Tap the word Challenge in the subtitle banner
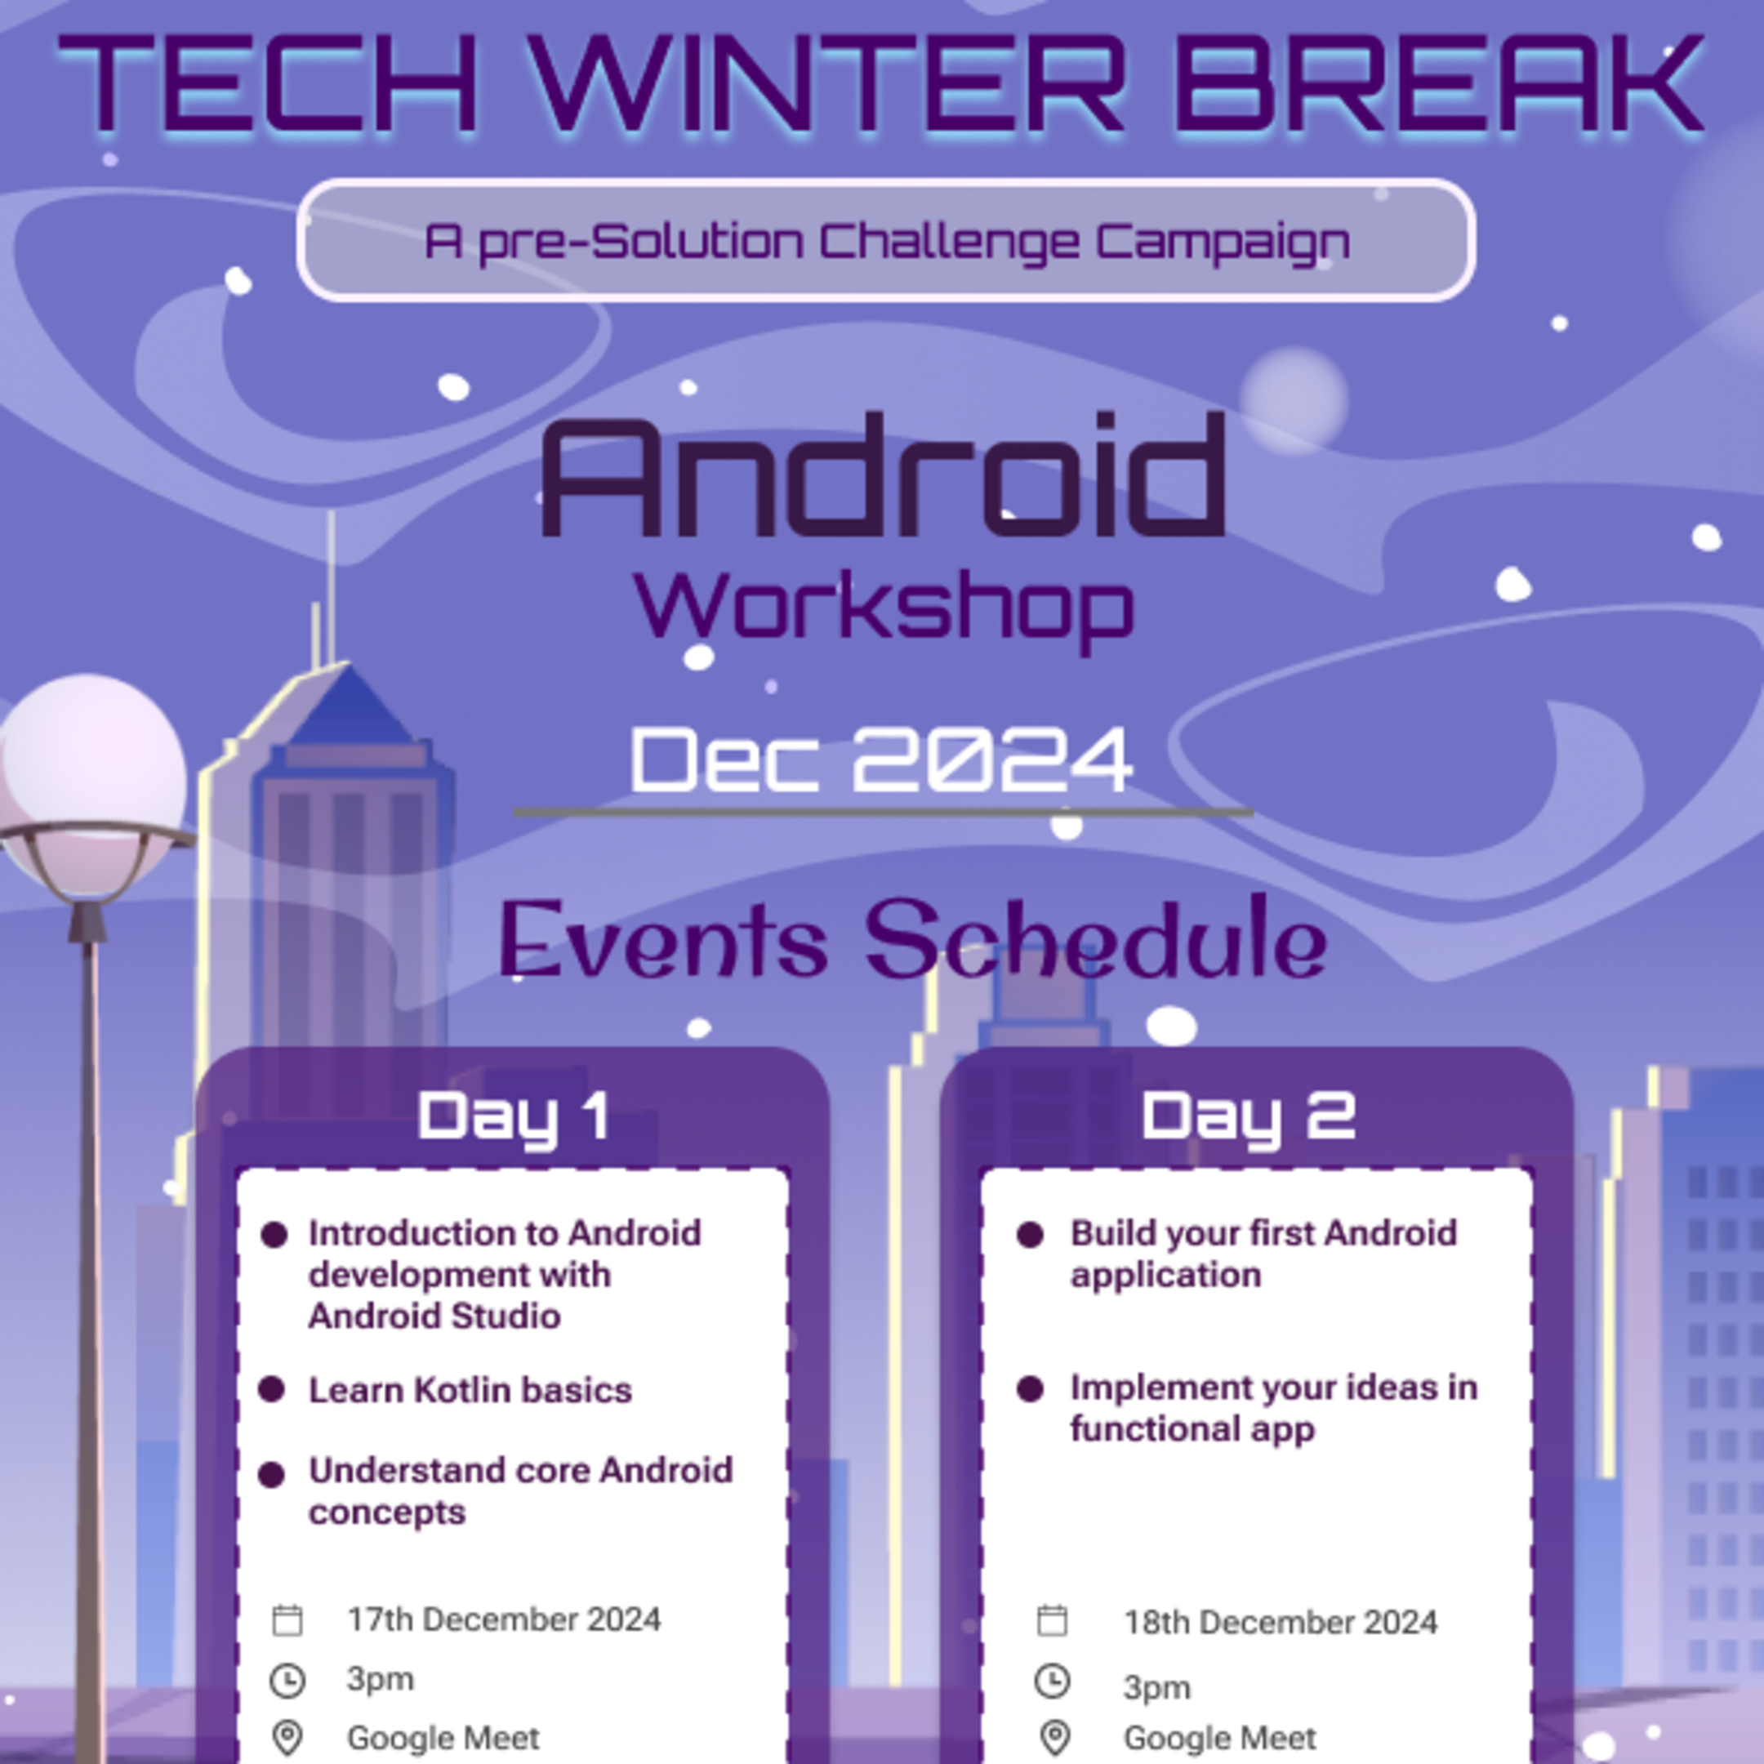(949, 241)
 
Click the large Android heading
(882, 477)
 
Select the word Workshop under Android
(884, 607)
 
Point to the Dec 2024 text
(881, 759)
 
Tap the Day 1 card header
(513, 1116)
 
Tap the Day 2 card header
(1248, 1116)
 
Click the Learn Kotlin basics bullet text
(470, 1391)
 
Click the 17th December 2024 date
(503, 1619)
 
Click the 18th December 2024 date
(1280, 1623)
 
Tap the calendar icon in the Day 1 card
(287, 1620)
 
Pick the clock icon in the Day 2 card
(1052, 1681)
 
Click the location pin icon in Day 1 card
(287, 1738)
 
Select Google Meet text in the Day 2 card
(1220, 1738)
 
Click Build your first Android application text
(1263, 1254)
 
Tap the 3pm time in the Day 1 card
(380, 1678)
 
